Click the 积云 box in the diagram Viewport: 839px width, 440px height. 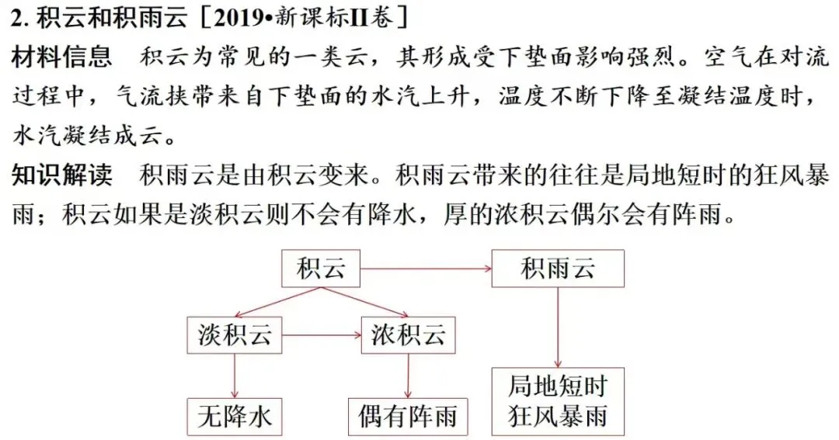(x=321, y=269)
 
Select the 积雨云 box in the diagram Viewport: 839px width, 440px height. (x=558, y=269)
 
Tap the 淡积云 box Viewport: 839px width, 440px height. (x=235, y=335)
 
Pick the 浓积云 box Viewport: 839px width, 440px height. (x=409, y=335)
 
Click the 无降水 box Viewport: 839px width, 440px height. (x=235, y=417)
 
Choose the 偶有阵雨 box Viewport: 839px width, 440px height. (x=408, y=417)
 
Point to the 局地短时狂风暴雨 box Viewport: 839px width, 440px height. (x=558, y=401)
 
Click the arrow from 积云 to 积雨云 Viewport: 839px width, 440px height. (x=426, y=269)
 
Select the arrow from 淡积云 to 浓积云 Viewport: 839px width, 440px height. (x=322, y=335)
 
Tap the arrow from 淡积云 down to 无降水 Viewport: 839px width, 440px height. (x=235, y=376)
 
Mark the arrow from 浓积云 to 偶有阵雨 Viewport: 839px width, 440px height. (x=409, y=376)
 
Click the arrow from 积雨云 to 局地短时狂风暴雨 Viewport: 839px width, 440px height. (x=558, y=327)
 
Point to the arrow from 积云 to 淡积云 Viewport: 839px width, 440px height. (x=277, y=302)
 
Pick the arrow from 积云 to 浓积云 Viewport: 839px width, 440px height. (x=365, y=302)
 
